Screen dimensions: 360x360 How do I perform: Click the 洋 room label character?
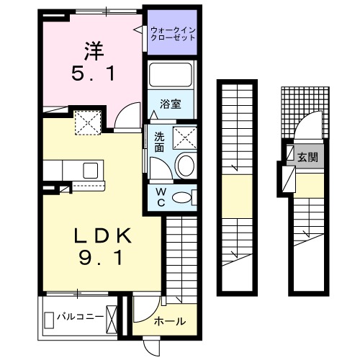[x=93, y=52]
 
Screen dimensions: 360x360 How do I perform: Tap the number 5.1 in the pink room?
[x=93, y=73]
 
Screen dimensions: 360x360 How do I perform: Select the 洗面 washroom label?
[x=160, y=142]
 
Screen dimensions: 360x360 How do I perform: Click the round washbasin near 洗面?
[x=185, y=165]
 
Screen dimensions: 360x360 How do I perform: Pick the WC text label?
[x=160, y=197]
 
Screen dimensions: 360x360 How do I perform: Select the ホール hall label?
[x=170, y=320]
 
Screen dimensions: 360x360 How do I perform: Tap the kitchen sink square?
[x=91, y=170]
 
